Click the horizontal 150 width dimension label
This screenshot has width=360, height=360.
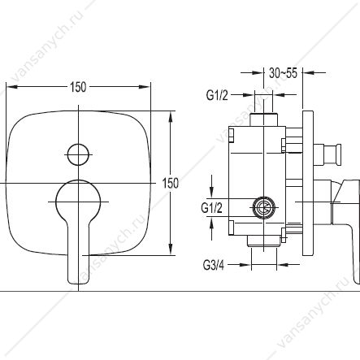point(78,87)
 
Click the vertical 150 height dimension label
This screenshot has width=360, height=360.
point(171,184)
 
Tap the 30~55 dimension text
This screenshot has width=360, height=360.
point(283,73)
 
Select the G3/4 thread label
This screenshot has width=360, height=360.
point(214,265)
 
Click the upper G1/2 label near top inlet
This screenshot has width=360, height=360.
point(217,95)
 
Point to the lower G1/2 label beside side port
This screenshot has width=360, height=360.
point(211,208)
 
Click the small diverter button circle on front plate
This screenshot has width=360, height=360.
point(78,154)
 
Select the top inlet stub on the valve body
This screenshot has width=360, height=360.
point(263,119)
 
